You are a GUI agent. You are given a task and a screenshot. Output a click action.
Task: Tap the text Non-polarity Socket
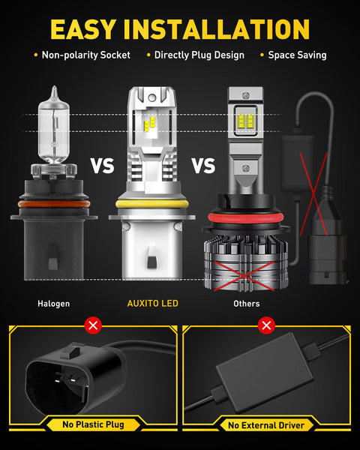(x=85, y=55)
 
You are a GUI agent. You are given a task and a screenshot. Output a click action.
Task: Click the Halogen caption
(x=53, y=304)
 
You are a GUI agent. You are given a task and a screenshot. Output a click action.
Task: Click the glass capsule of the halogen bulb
(x=52, y=127)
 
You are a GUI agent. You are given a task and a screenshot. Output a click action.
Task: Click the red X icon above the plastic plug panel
(x=94, y=325)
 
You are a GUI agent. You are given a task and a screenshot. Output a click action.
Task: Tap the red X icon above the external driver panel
(x=266, y=325)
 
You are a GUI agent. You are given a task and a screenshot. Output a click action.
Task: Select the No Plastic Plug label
(x=94, y=425)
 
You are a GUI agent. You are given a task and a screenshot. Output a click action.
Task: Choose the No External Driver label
(x=266, y=425)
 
